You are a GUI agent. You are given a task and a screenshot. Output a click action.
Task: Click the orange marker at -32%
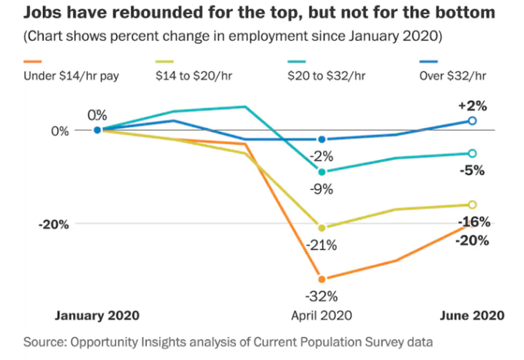coord(322,279)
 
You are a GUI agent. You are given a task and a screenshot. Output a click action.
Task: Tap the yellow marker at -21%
coord(322,227)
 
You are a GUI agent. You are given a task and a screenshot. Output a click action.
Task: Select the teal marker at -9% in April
coord(322,172)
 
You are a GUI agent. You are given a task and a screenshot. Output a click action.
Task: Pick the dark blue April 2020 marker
coord(322,139)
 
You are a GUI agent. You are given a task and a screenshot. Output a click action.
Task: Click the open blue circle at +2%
coord(472,120)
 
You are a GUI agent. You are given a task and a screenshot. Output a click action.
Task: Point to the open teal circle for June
coord(472,153)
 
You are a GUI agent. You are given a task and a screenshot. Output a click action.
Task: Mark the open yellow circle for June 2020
coord(472,204)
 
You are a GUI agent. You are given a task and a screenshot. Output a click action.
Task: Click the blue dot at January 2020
coord(97,130)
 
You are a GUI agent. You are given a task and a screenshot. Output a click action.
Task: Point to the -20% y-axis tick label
coord(53,224)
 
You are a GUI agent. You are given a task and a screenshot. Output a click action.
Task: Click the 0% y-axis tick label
coord(59,131)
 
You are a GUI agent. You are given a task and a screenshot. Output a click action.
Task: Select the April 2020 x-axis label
coord(322,315)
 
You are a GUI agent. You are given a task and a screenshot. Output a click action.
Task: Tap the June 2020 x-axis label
coord(471,315)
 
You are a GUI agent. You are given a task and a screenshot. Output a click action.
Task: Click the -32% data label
coord(322,297)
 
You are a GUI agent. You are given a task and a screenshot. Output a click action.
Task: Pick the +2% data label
coord(472,105)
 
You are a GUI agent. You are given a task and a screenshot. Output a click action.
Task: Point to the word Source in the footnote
coord(45,341)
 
